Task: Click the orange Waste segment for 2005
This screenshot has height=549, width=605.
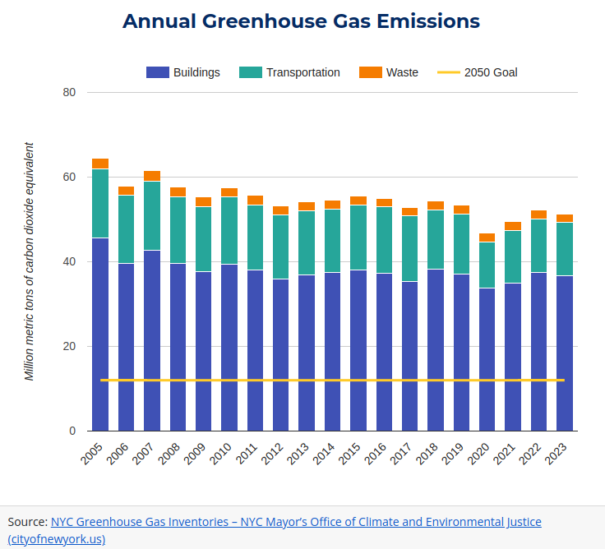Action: [100, 164]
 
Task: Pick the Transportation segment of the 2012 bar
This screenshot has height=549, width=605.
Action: [281, 247]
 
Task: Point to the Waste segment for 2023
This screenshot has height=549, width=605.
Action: [565, 219]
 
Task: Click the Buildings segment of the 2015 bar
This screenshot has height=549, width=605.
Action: [358, 350]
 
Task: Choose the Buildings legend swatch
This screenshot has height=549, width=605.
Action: [157, 72]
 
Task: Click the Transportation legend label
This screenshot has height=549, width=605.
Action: [302, 72]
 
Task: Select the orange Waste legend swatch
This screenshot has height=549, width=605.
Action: [371, 72]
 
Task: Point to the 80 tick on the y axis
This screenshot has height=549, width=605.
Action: [69, 92]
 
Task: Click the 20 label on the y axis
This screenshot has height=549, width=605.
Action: [69, 346]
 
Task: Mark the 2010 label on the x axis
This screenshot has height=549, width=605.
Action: [220, 454]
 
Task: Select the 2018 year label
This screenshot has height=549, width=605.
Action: [427, 454]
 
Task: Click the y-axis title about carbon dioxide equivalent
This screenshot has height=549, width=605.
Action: [30, 261]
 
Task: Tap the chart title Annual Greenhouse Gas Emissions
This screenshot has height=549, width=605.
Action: [301, 21]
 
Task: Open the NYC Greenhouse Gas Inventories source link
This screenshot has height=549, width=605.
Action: [296, 522]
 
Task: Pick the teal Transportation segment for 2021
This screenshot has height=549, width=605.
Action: [513, 256]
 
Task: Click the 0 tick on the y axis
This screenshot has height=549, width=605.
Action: [72, 431]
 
